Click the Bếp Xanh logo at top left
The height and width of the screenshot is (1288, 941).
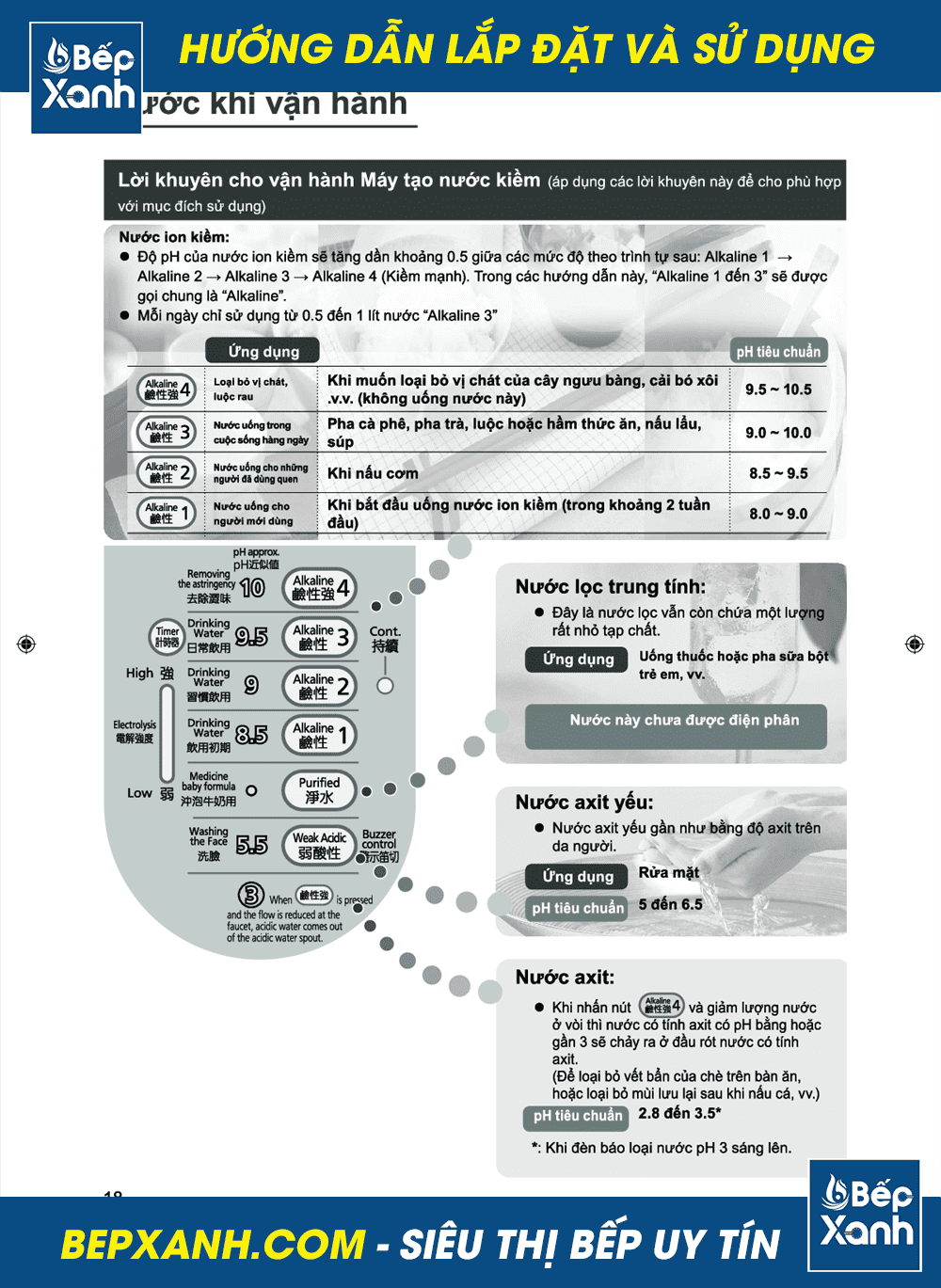tap(87, 77)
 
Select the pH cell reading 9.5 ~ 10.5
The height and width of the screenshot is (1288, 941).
tap(778, 390)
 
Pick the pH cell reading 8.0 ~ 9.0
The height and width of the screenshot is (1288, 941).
tap(778, 514)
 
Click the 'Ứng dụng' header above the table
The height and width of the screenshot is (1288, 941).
tap(263, 351)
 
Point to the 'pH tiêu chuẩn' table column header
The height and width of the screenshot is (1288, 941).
tap(778, 352)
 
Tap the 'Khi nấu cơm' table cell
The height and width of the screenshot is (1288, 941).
tap(374, 473)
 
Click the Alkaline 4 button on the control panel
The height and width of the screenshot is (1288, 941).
tap(320, 588)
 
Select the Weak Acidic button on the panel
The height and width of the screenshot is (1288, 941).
tap(320, 845)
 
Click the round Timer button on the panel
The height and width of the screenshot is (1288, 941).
tap(167, 636)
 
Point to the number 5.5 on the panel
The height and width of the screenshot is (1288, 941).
tap(251, 845)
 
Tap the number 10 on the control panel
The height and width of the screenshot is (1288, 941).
tap(252, 588)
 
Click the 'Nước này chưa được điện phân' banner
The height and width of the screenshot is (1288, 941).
tap(684, 721)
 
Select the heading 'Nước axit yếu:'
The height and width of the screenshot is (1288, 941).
tap(584, 803)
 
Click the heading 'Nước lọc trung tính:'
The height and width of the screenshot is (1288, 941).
tap(611, 587)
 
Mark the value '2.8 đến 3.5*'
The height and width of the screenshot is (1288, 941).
tap(679, 1114)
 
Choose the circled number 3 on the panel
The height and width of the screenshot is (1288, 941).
tap(250, 894)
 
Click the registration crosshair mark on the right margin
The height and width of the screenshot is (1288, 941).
tap(914, 644)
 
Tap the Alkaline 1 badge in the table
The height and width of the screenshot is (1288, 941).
tap(167, 514)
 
